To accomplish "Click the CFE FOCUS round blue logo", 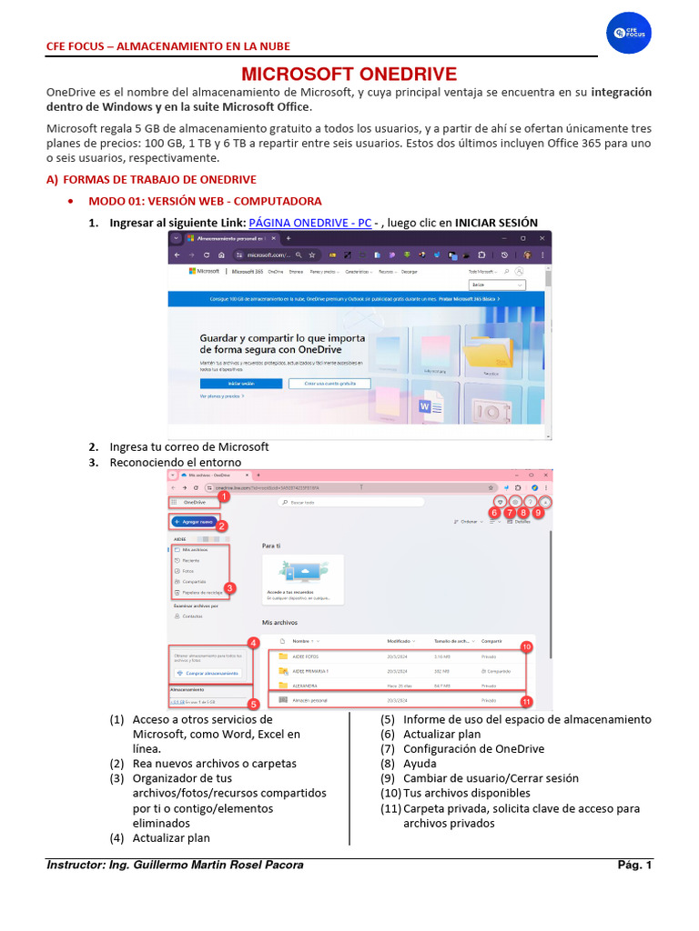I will (629, 32).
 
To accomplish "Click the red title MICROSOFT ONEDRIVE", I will (349, 75).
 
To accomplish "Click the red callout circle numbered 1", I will (223, 497).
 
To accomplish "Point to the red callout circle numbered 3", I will (230, 588).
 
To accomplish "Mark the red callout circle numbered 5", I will (254, 703).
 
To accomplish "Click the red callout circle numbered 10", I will (526, 646).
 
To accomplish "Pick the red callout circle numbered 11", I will (526, 701).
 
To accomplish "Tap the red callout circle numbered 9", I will (539, 513).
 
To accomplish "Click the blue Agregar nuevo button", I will (194, 522).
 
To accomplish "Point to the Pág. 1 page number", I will (634, 866).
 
